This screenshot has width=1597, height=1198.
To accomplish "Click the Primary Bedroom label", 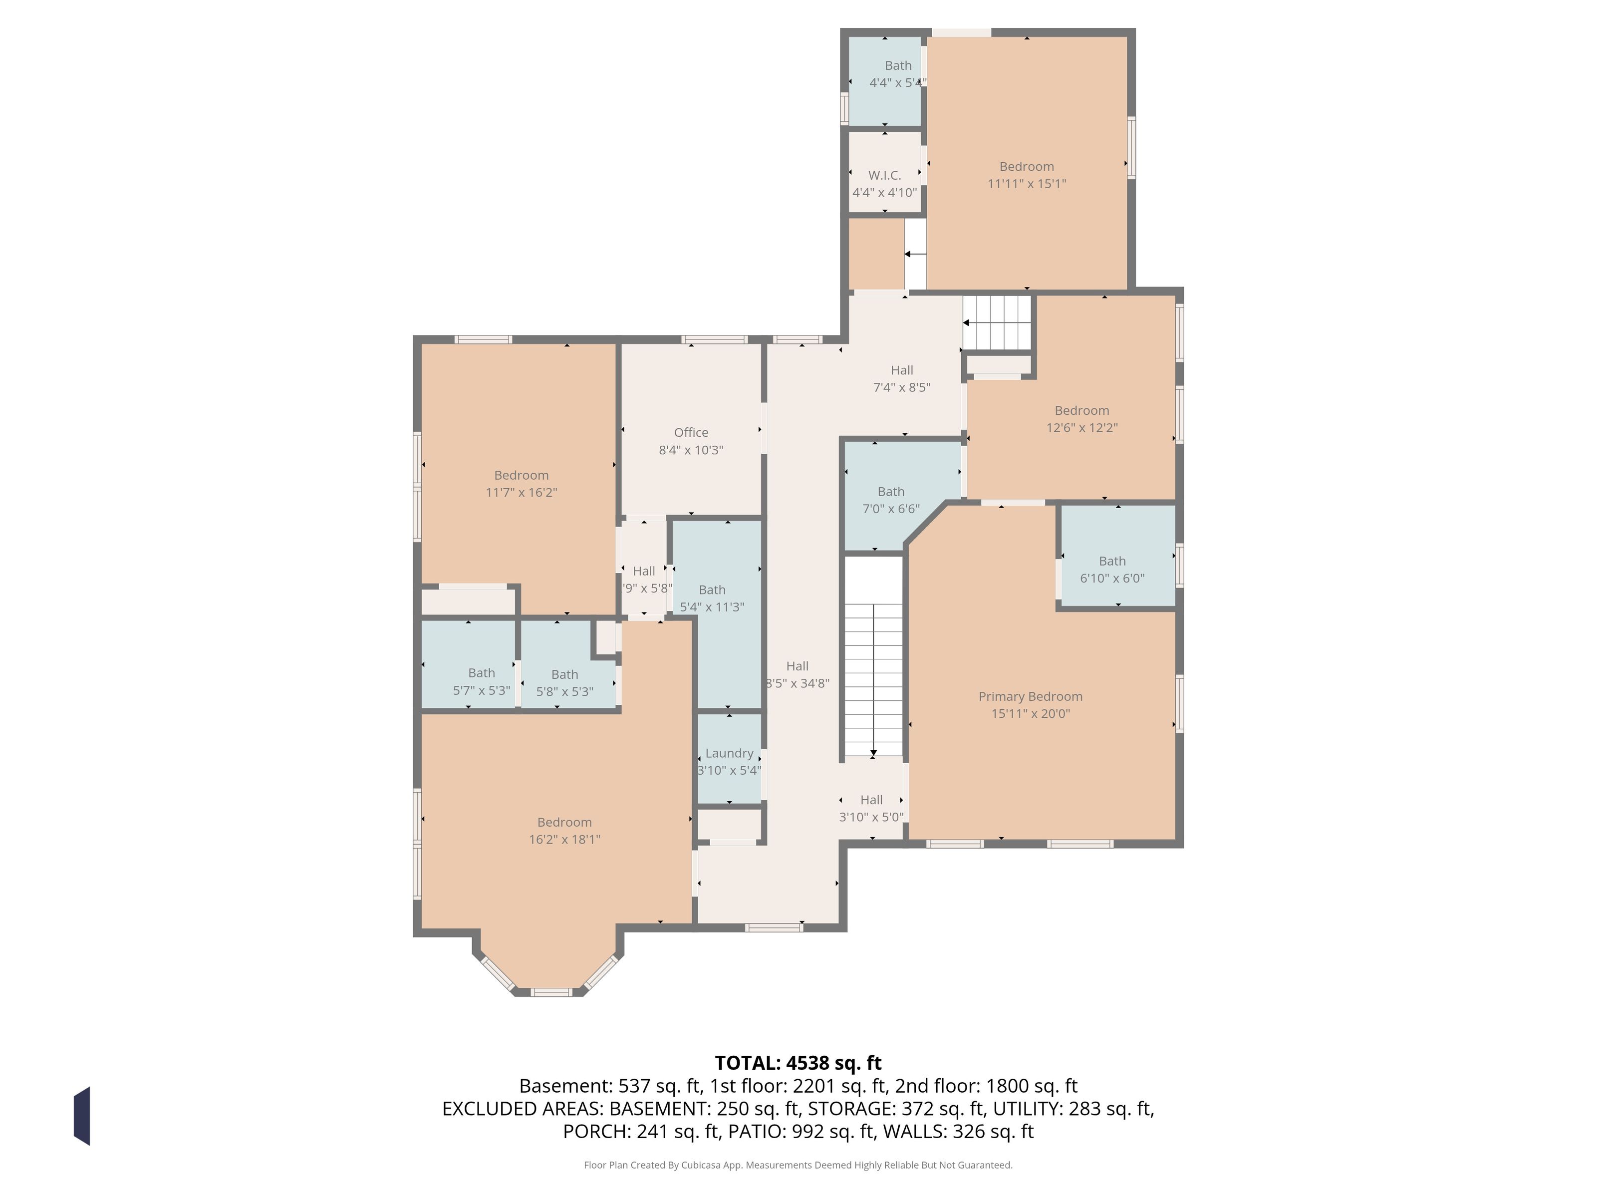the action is [x=1030, y=697].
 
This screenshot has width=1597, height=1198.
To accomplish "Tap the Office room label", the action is [x=691, y=433].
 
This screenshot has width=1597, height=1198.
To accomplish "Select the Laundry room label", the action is [x=729, y=753].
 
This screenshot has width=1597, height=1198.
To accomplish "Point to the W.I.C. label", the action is [x=884, y=176].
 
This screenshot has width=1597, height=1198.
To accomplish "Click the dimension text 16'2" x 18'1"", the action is [x=564, y=839].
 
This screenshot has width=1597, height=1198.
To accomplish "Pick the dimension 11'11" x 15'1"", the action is [x=1027, y=183].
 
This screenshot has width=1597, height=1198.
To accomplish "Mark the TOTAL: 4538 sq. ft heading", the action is [x=798, y=1063].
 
